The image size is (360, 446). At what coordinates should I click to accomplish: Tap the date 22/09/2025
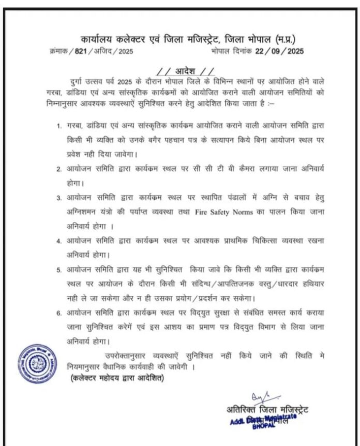click(280, 51)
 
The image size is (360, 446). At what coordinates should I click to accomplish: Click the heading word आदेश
click(185, 70)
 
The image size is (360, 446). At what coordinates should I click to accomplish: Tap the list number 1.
click(60, 127)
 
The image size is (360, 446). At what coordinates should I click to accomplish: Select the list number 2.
click(60, 169)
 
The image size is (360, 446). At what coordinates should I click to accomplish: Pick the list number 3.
click(60, 198)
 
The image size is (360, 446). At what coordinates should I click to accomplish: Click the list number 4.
click(60, 241)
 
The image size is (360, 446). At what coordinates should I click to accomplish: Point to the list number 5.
click(60, 270)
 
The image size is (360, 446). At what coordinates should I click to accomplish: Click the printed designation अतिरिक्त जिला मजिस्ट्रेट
click(267, 410)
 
